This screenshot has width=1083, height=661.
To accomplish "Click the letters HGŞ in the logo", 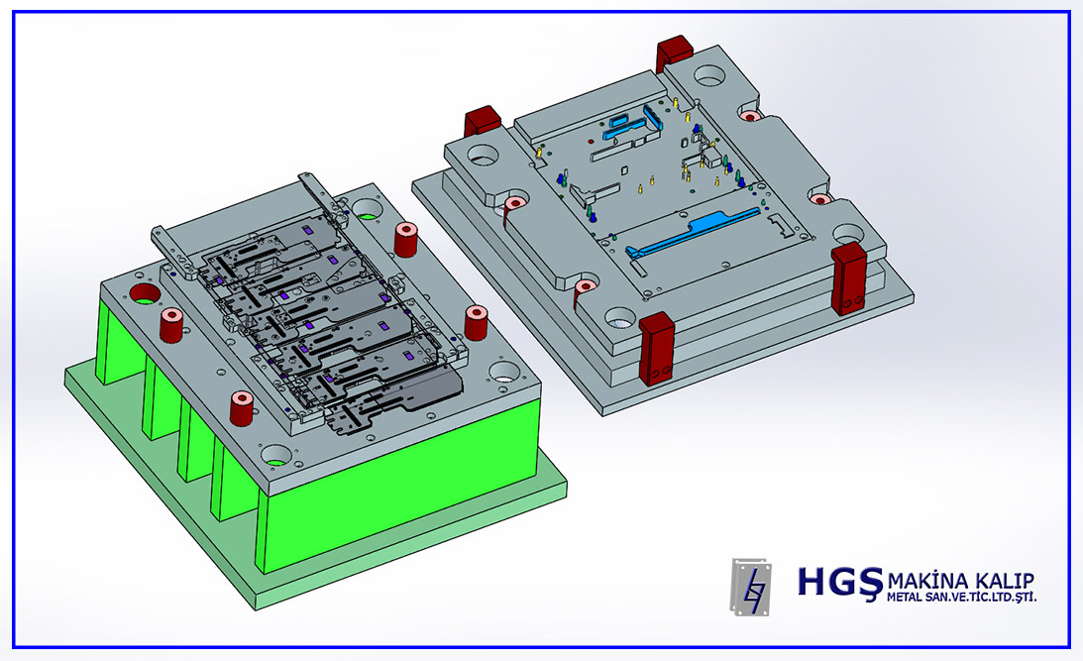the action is point(840,582).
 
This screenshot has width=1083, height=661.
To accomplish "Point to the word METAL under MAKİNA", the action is point(905,597).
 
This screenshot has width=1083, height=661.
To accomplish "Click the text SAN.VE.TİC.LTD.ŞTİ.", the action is point(981,597).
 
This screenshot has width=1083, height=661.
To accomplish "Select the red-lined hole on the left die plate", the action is point(145,293).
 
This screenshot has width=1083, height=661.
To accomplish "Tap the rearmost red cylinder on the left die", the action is point(405,239).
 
